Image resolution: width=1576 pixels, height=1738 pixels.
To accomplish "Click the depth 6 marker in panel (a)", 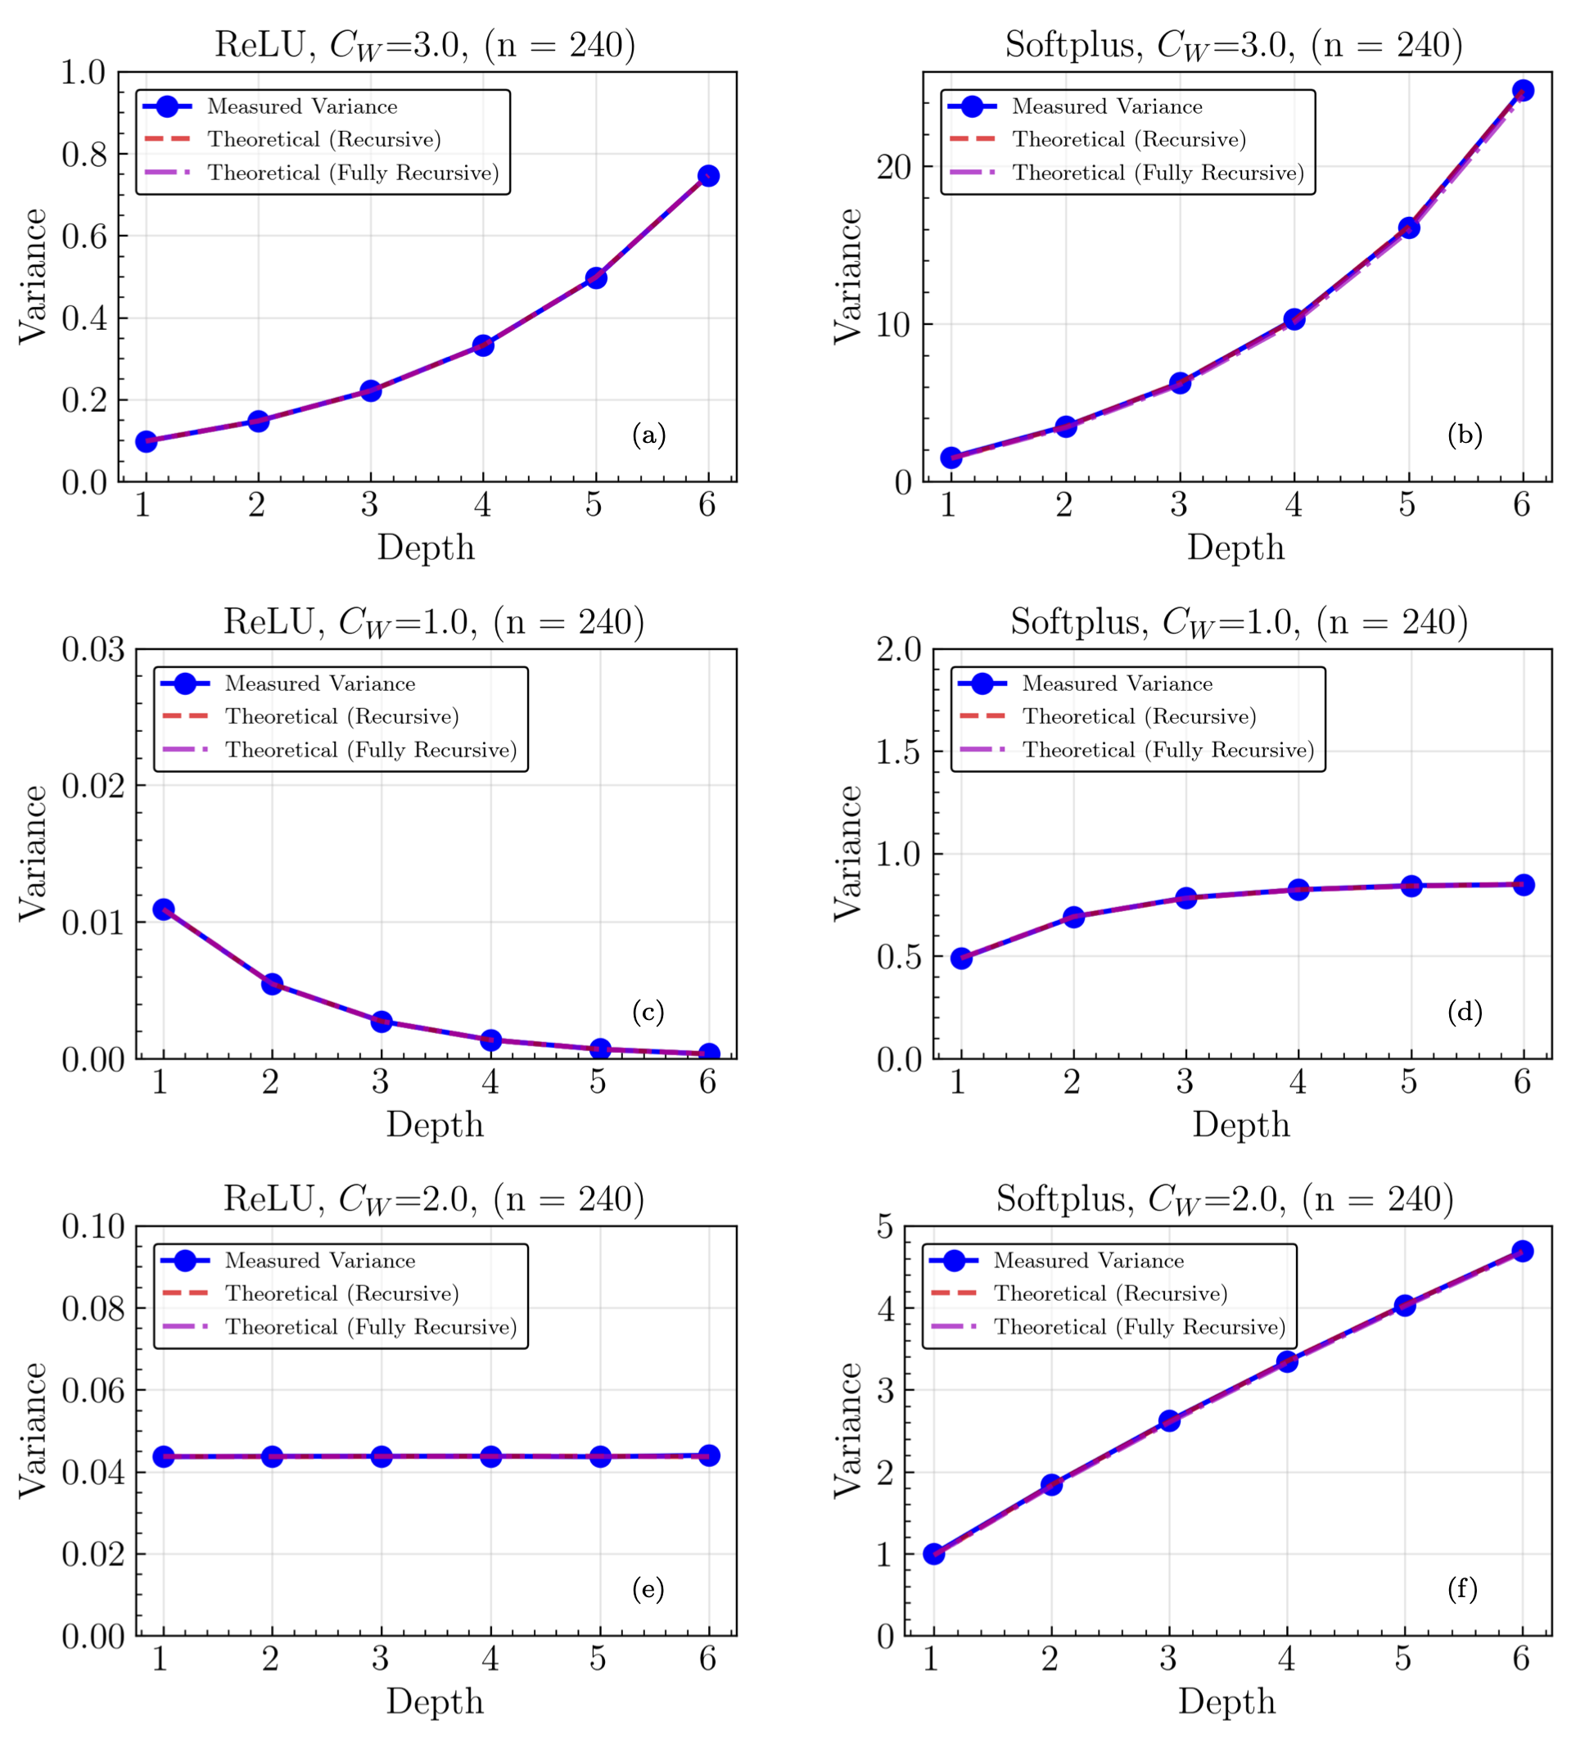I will click(x=708, y=176).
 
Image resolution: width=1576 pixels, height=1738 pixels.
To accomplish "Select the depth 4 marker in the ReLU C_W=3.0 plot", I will click(x=483, y=345).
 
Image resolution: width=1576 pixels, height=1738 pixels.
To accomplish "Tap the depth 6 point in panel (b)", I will click(x=1523, y=91).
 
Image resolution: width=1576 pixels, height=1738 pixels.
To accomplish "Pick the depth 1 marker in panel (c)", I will click(x=163, y=910).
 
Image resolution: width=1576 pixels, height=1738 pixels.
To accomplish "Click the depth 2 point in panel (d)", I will click(x=1073, y=917).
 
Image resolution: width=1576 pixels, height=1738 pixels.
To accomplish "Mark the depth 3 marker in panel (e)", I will click(x=381, y=1456).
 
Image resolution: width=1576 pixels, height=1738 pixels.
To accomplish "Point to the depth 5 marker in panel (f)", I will click(x=1404, y=1305).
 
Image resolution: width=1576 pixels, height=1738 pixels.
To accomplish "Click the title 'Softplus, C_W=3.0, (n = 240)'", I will click(x=1234, y=45).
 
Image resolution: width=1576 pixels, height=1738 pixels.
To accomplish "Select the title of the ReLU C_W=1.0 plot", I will click(x=434, y=621).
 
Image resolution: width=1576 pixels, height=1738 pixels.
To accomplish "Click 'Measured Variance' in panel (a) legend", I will click(x=302, y=107).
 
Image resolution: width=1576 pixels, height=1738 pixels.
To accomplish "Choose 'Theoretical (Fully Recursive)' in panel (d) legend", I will click(x=1168, y=750).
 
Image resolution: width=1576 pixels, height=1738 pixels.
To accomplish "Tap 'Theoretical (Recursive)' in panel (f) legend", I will click(x=1110, y=1293).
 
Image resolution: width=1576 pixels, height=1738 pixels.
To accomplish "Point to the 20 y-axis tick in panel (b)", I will click(x=894, y=167).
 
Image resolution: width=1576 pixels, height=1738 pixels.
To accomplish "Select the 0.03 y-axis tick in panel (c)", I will click(x=93, y=650).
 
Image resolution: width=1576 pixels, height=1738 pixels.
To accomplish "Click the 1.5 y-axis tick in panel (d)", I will click(x=899, y=752).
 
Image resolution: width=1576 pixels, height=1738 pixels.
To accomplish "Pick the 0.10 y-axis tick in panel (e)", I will click(x=93, y=1226).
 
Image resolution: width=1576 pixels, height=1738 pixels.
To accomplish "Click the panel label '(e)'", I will click(x=648, y=1588).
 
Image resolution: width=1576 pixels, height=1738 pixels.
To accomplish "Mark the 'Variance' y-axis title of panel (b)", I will click(x=848, y=276).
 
